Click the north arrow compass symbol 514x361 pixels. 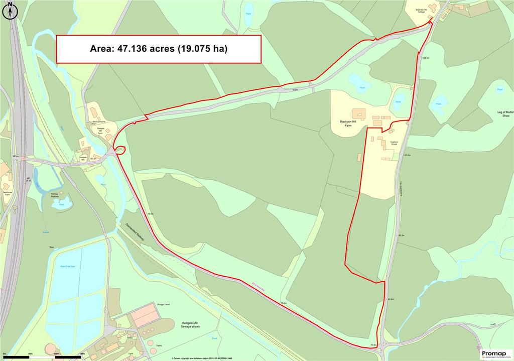[x=10, y=11]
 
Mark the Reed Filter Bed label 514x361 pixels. [x=67, y=266]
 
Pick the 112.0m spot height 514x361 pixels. [x=407, y=156]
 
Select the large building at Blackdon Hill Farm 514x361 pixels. [x=358, y=113]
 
